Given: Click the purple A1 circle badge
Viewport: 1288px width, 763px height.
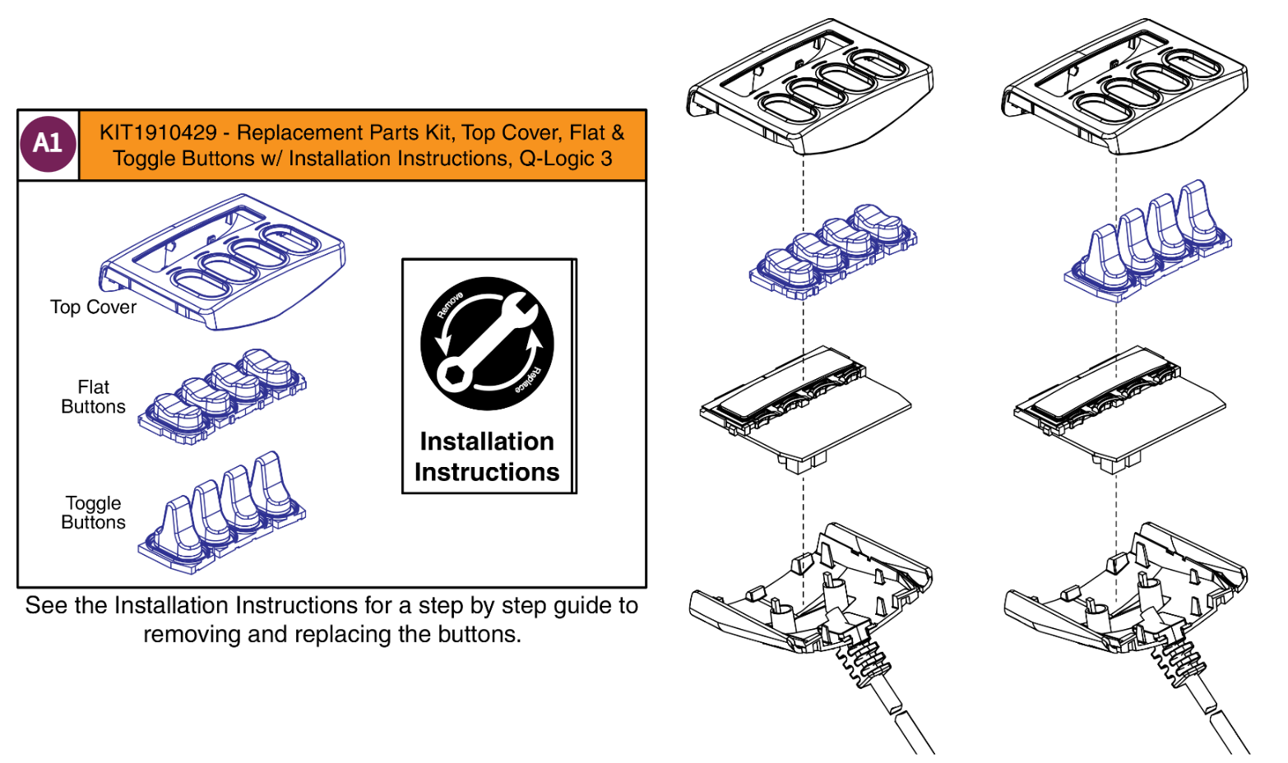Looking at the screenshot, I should (x=48, y=144).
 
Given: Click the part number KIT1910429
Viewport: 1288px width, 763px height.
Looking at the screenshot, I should (x=158, y=132).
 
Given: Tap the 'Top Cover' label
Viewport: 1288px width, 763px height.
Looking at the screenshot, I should (x=93, y=307).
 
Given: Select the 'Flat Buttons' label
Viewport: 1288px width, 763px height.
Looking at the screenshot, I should (x=93, y=396).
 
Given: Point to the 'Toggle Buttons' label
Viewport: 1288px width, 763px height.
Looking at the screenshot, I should (x=93, y=512).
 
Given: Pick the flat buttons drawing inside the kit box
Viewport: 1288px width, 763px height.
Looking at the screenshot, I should (x=222, y=395).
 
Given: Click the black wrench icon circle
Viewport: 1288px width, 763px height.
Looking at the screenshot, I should (x=487, y=344).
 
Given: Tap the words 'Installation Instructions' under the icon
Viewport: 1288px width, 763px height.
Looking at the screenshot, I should (x=487, y=456).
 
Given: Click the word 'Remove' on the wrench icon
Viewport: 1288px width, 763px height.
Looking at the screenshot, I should (x=450, y=305).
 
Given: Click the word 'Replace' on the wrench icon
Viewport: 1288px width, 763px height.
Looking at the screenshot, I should (x=527, y=380).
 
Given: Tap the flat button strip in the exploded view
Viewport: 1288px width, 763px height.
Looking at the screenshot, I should (x=832, y=251).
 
